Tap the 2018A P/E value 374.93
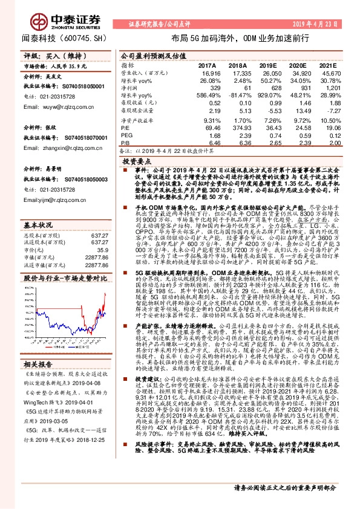[238, 128]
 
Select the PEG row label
[125, 136]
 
